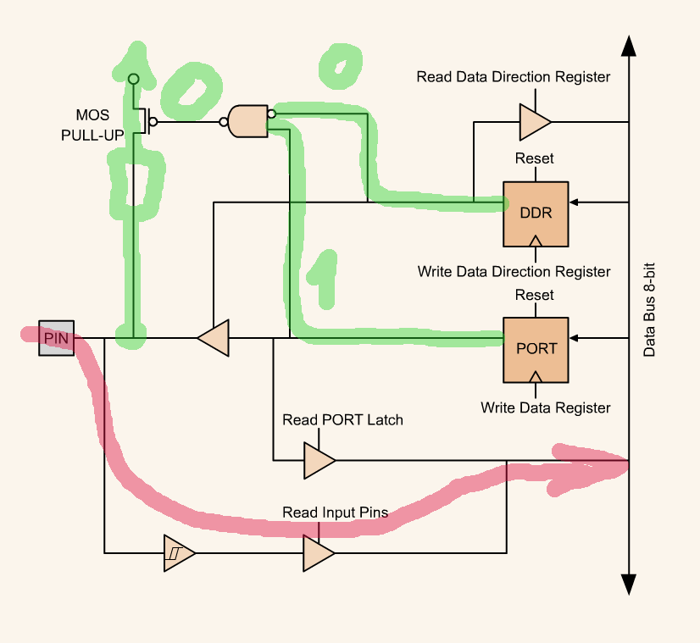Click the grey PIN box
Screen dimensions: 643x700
[56, 339]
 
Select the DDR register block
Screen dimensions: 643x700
[536, 213]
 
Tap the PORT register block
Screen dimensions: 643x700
[536, 348]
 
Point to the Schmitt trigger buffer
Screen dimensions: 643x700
[179, 553]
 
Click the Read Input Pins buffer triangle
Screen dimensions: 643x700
[319, 553]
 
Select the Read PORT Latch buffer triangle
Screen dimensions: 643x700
[319, 460]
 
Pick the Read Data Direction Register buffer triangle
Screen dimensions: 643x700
[534, 122]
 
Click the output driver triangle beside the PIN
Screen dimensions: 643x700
[214, 338]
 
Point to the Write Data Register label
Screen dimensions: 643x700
[545, 407]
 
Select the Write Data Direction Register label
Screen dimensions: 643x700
[514, 272]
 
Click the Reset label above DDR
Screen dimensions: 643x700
[534, 158]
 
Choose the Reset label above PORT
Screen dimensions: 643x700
[534, 295]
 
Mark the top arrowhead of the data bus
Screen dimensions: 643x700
[628, 46]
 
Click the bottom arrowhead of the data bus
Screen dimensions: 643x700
[628, 585]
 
